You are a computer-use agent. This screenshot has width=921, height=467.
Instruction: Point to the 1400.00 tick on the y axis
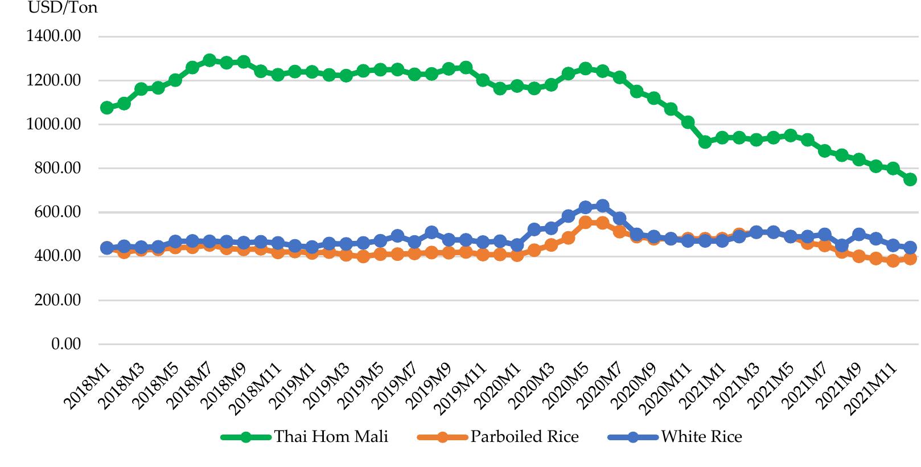(54, 36)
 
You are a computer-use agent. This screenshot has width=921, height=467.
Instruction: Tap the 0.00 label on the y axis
(66, 344)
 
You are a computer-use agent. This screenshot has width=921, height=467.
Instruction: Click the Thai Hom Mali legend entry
(331, 437)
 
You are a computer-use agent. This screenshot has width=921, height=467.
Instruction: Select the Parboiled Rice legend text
(524, 437)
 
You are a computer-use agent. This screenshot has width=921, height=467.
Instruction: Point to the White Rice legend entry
(701, 437)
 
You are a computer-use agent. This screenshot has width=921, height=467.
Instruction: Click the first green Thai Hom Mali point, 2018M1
(106, 108)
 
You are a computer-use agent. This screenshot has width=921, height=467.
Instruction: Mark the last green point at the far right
(910, 179)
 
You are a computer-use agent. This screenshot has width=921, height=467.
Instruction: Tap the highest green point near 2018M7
(209, 60)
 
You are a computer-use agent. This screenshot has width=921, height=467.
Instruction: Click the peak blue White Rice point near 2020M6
(602, 206)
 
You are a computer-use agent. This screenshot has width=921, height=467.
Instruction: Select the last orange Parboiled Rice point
(910, 259)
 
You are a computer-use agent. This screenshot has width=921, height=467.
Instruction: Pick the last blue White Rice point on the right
(910, 247)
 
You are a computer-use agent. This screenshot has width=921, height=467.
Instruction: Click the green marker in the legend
(246, 437)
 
